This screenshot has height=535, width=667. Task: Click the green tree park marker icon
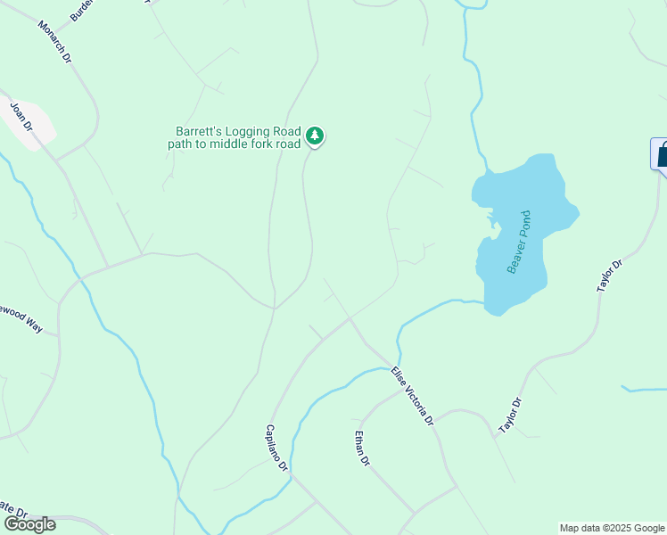314,136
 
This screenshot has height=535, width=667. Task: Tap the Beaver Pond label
519,242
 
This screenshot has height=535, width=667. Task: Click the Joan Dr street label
21,117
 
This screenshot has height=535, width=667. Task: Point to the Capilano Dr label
276,449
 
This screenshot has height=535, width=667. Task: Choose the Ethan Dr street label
361,449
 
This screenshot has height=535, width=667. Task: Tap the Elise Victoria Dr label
412,396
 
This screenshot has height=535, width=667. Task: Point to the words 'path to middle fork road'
235,144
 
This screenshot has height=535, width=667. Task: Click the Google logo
29,524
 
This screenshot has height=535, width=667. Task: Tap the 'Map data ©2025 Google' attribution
612,528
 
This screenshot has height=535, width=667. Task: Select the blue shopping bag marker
661,154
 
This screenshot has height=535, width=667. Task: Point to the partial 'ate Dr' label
13,513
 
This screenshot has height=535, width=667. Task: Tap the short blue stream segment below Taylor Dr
644,390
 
